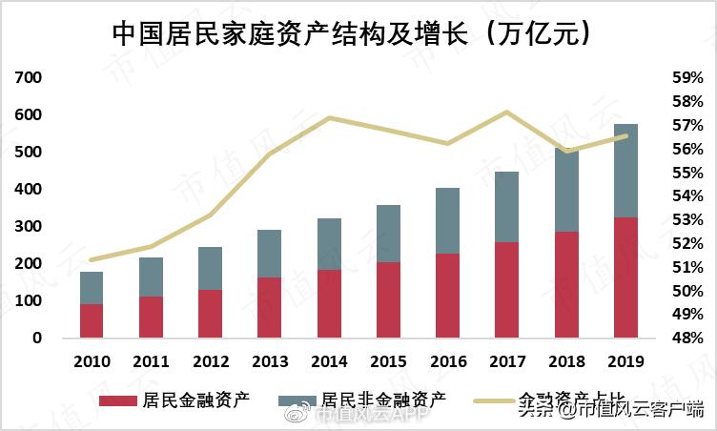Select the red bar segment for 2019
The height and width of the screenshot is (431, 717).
[x=625, y=277]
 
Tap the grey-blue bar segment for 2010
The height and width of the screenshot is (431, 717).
[x=92, y=288]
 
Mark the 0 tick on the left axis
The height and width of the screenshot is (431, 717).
[x=38, y=339]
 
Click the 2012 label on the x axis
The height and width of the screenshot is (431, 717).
[x=210, y=362]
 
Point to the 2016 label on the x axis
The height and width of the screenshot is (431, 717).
[x=448, y=362]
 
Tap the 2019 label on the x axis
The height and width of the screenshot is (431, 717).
[x=625, y=362]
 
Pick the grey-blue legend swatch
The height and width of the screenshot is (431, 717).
[x=297, y=400]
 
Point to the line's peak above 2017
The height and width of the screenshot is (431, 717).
[x=507, y=113]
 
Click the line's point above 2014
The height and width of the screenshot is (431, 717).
[x=329, y=118]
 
